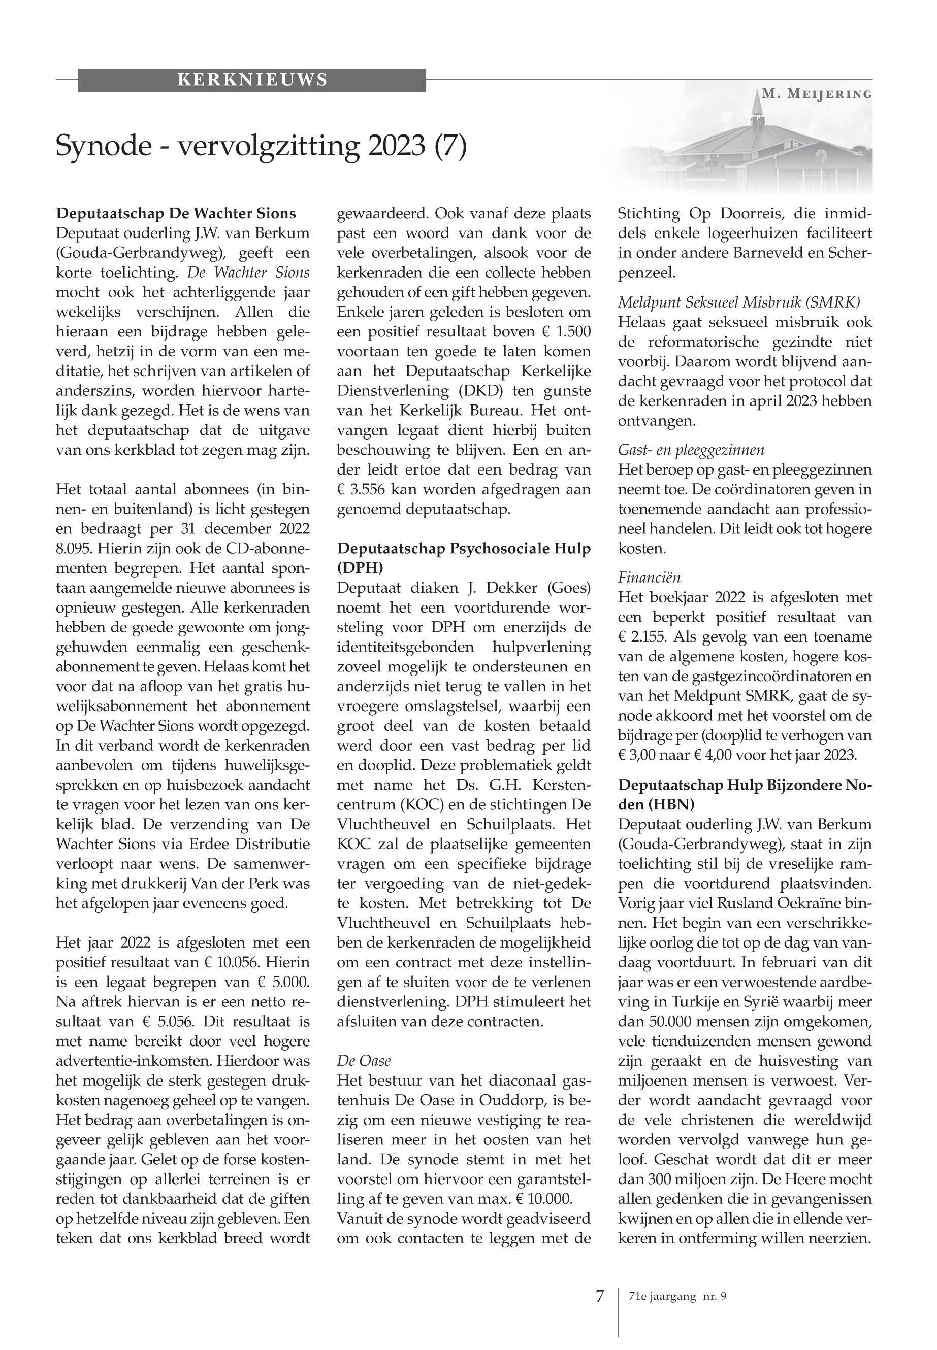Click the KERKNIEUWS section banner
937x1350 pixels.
[252, 80]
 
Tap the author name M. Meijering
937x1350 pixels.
[817, 94]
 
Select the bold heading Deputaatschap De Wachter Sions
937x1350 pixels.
[176, 214]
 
